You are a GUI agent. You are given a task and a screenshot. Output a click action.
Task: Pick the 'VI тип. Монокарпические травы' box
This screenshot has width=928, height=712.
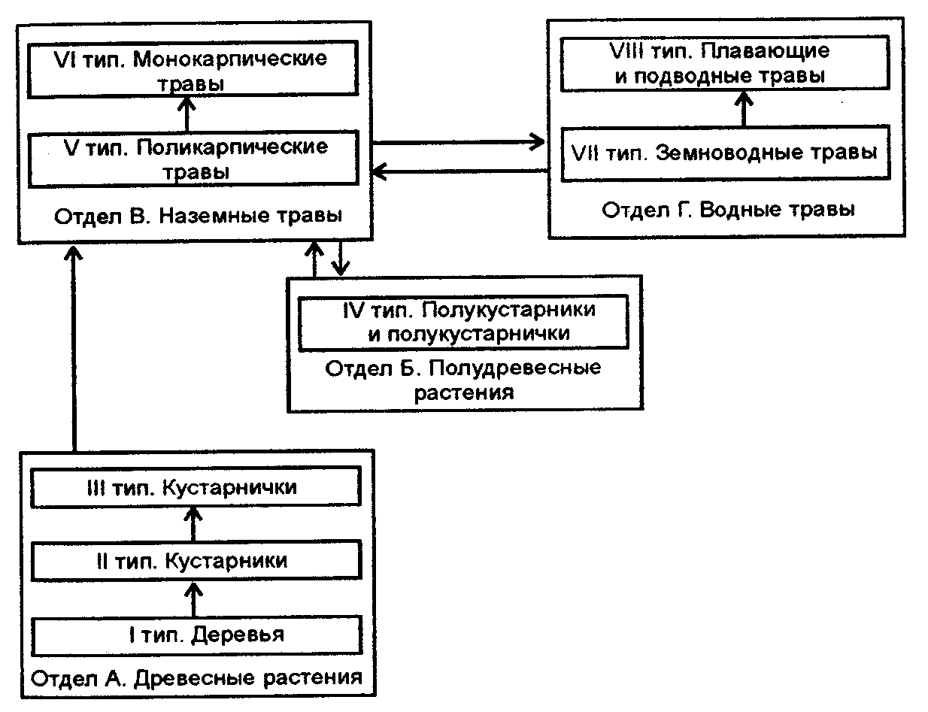point(191,70)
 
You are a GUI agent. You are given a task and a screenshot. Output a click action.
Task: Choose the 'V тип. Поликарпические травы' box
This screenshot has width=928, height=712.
point(191,159)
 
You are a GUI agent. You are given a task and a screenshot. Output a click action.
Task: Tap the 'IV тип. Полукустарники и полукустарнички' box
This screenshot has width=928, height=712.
point(463,322)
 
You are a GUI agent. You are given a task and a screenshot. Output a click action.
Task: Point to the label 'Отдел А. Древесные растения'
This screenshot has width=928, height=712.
point(195,677)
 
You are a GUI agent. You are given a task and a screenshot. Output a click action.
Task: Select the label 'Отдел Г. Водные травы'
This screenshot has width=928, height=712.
point(727,210)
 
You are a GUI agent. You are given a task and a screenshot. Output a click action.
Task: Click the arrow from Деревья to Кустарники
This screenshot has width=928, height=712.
point(193,599)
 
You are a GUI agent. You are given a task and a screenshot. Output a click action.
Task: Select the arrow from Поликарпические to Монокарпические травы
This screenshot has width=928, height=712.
point(187,114)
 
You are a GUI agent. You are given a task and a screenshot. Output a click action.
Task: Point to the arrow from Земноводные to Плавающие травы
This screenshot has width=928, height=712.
point(744,108)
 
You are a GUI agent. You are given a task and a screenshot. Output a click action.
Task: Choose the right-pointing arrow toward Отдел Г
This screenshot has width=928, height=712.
point(459,141)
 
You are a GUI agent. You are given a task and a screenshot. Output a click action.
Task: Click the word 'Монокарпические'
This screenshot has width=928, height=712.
point(230,59)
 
